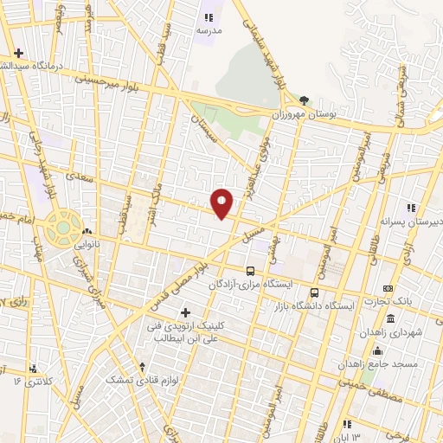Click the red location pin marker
(x=222, y=203)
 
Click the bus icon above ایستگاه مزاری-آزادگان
(x=250, y=270)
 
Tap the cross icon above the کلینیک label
(x=184, y=311)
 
